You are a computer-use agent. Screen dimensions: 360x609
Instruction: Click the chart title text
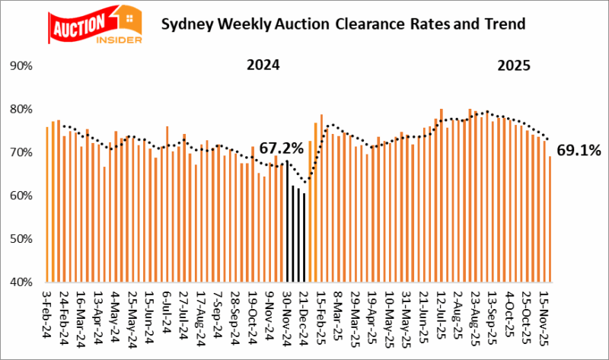point(343,24)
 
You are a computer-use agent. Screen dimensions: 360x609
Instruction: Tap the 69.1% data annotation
point(580,150)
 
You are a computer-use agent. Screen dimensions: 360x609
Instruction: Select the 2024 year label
point(263,65)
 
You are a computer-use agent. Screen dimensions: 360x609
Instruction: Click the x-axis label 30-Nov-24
point(285,312)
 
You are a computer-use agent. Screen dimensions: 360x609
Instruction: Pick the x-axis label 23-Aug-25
point(473,312)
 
